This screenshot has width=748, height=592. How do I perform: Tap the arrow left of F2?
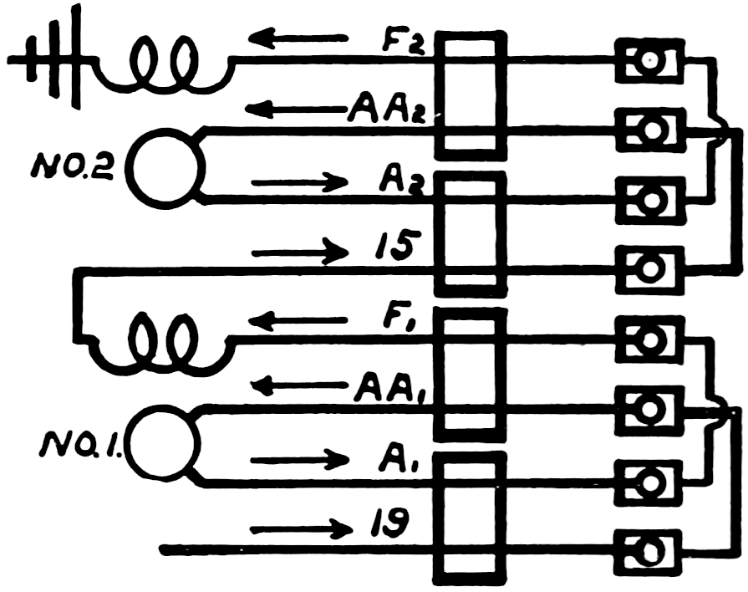tap(298, 38)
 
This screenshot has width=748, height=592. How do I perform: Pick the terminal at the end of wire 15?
tap(649, 269)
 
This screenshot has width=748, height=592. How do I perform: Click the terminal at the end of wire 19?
tap(649, 549)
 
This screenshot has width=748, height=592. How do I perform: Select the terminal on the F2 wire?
tap(649, 60)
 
